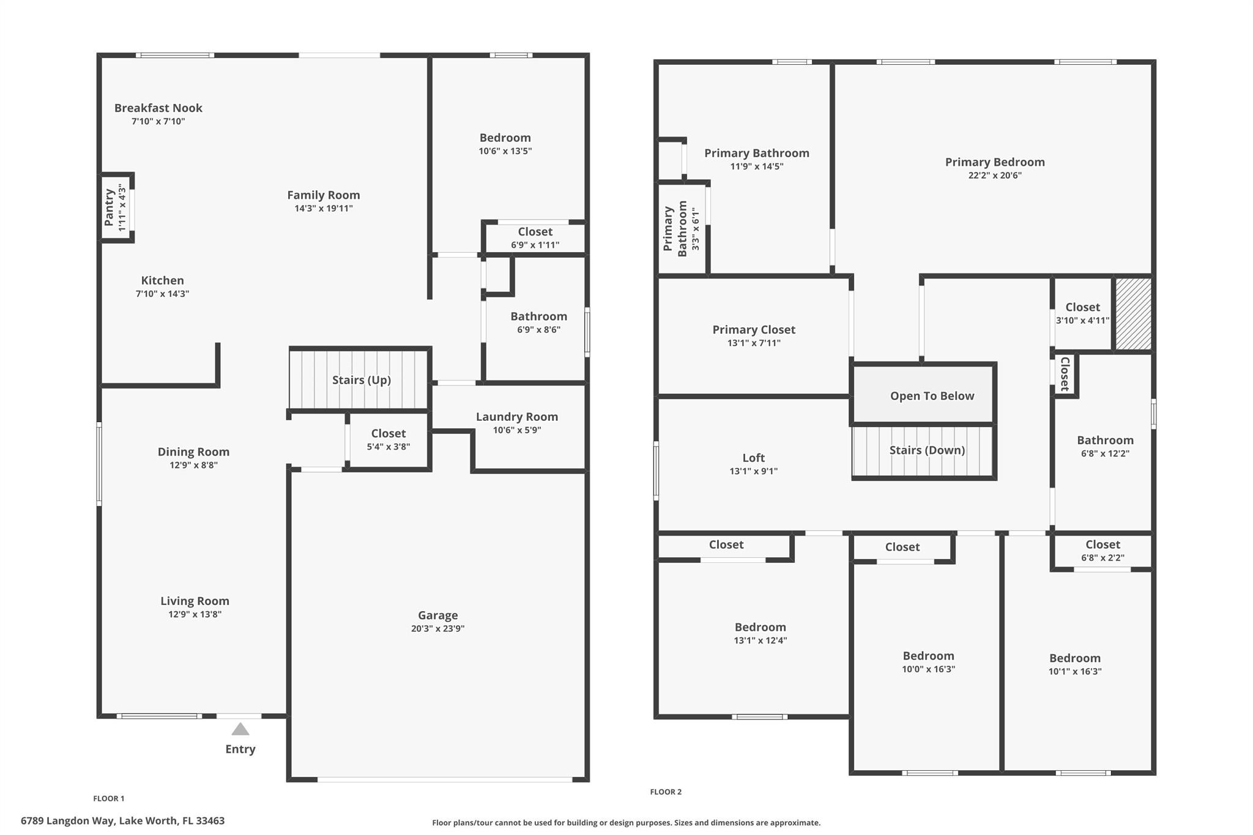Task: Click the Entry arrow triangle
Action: pos(240,729)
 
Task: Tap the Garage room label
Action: pos(438,615)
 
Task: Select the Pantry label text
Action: pos(110,207)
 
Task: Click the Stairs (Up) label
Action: pos(362,380)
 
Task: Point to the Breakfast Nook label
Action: pos(158,108)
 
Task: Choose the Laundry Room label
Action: pos(517,417)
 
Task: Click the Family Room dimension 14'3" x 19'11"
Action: pos(324,209)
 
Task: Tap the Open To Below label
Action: pos(932,396)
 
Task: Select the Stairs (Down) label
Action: pos(928,450)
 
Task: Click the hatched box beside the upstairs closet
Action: pos(1134,314)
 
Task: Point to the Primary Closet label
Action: pos(754,330)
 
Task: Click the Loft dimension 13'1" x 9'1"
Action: pos(754,471)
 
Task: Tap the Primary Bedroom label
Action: pos(995,162)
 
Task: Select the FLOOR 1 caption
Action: pos(109,798)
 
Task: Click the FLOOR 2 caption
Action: pos(666,792)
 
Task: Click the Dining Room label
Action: pos(194,452)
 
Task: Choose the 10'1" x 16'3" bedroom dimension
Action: pos(1075,671)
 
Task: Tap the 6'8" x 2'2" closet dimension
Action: pos(1103,558)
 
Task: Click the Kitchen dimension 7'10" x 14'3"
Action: pos(162,294)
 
